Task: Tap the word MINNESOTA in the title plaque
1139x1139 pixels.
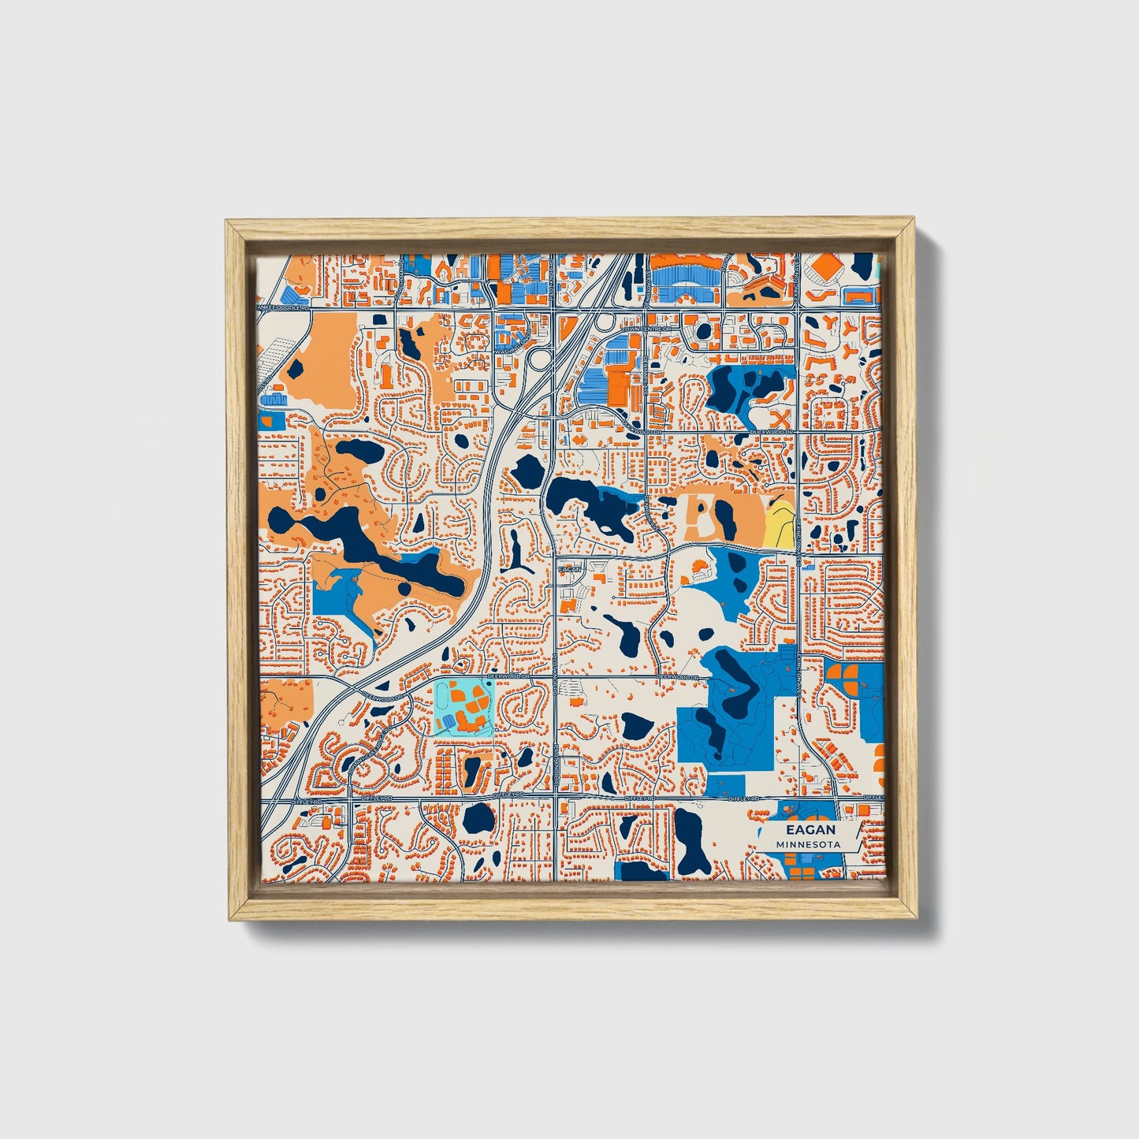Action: point(807,844)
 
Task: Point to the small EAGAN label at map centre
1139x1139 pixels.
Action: point(569,568)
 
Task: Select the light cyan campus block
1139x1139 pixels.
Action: point(463,708)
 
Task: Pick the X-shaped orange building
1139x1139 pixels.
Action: point(782,417)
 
